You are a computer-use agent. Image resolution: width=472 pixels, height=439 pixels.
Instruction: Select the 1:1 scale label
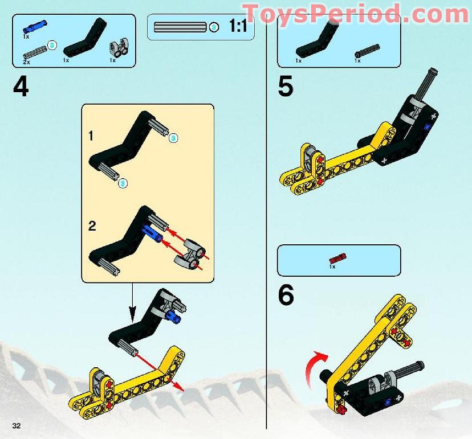[238, 26]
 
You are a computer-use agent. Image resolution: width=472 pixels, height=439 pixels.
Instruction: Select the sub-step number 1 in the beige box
[91, 136]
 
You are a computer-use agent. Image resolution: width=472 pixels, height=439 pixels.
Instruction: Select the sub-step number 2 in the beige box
[92, 225]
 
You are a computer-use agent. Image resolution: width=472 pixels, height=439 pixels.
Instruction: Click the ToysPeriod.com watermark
[355, 13]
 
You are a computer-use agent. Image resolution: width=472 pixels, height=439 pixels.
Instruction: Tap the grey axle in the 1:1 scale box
[180, 27]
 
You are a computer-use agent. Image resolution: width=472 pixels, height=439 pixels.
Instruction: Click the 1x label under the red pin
[332, 266]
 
